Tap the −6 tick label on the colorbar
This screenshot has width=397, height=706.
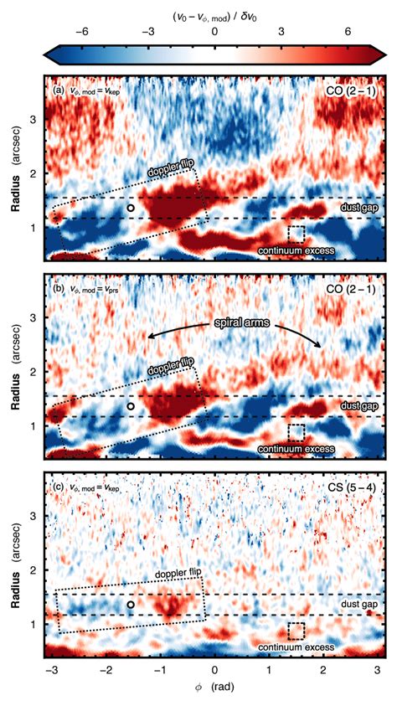click(x=82, y=31)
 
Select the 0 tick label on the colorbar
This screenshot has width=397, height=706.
click(x=215, y=31)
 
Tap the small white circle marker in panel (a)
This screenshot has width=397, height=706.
click(x=130, y=206)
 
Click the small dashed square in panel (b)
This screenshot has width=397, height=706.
click(x=296, y=432)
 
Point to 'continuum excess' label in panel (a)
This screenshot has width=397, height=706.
click(x=296, y=250)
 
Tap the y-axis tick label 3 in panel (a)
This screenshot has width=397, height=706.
click(x=34, y=120)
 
